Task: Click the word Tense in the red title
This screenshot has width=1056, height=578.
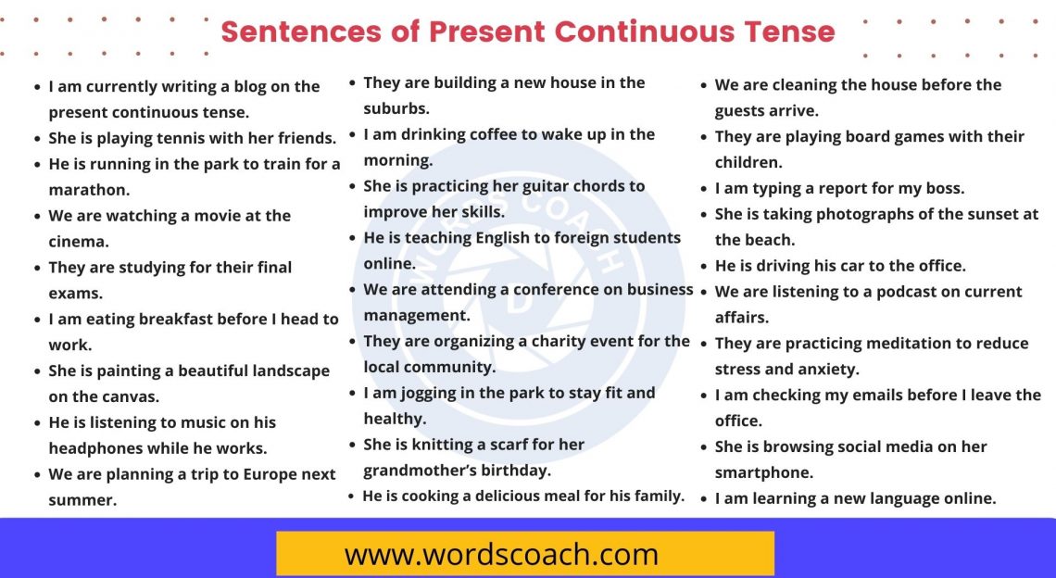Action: [x=790, y=31]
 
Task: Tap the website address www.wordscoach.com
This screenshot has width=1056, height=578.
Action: [x=501, y=555]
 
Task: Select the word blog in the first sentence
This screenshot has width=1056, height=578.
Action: [x=244, y=86]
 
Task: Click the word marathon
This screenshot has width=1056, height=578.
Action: [x=89, y=190]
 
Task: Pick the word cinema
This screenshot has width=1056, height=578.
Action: [x=79, y=242]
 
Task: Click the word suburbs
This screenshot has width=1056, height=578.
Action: [x=396, y=108]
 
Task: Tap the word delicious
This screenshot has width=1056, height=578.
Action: [x=514, y=496]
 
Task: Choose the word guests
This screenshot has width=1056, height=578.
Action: [x=746, y=110]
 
